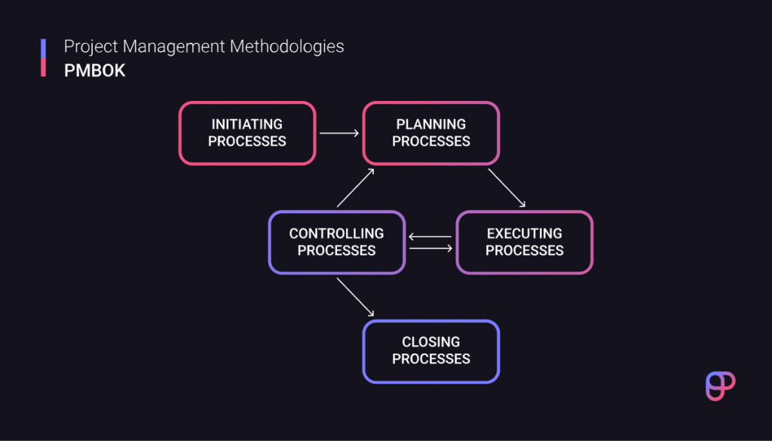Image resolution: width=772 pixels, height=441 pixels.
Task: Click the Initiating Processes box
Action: click(x=247, y=133)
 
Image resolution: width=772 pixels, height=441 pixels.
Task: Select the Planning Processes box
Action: click(x=430, y=133)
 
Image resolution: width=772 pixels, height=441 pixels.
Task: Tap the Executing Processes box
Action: click(x=524, y=242)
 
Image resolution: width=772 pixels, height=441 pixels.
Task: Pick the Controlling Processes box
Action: click(x=336, y=242)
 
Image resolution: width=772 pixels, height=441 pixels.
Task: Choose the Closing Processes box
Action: click(x=430, y=351)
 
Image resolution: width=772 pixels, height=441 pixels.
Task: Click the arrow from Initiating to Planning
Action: click(x=339, y=133)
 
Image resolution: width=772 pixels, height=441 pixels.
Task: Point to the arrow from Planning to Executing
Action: click(x=507, y=187)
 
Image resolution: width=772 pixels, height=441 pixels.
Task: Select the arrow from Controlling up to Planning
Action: click(x=355, y=188)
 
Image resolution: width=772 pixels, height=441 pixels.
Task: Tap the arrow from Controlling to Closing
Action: click(x=355, y=296)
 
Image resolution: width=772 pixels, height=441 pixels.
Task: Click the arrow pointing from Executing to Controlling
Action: click(x=430, y=237)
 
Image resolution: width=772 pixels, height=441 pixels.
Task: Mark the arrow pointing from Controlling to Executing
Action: click(x=430, y=247)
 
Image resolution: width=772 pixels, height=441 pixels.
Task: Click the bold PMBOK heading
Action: click(x=94, y=70)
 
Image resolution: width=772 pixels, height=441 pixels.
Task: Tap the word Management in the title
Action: click(x=176, y=47)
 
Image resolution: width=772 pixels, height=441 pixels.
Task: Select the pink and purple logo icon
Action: click(x=720, y=385)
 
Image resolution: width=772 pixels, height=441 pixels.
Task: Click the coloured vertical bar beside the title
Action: click(x=44, y=58)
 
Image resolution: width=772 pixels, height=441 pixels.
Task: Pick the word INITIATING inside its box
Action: click(x=247, y=124)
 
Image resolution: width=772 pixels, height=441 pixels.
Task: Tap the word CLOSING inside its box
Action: click(x=430, y=343)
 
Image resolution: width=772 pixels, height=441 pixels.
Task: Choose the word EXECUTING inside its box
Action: click(x=524, y=234)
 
